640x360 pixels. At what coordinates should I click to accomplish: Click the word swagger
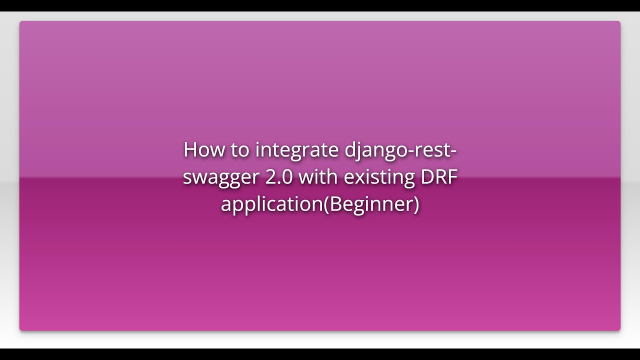(x=221, y=178)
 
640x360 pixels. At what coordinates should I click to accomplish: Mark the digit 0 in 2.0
(x=287, y=177)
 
